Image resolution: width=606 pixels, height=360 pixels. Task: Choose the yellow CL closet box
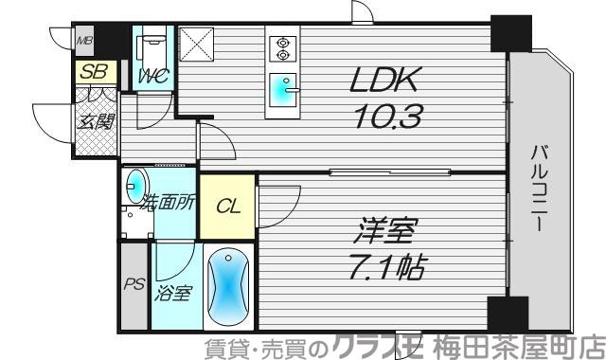click(226, 207)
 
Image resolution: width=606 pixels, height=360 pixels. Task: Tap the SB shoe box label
click(94, 71)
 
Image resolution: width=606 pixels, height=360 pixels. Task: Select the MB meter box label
click(85, 41)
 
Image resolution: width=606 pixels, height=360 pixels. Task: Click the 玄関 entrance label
click(96, 120)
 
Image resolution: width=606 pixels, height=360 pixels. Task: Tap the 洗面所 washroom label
click(169, 201)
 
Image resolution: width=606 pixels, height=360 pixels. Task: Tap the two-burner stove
click(282, 48)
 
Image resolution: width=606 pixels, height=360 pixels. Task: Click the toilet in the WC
click(151, 48)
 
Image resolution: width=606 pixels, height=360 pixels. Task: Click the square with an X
click(199, 46)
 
